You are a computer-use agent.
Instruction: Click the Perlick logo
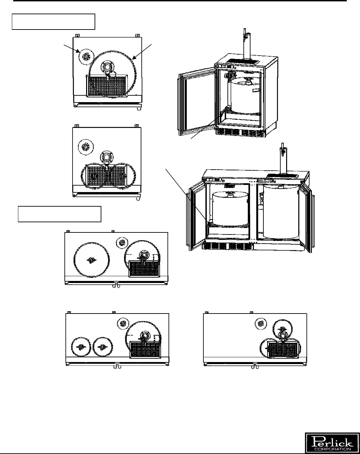332,442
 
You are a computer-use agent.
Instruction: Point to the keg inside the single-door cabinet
246,96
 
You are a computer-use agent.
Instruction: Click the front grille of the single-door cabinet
240,132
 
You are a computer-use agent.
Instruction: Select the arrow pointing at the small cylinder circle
72,48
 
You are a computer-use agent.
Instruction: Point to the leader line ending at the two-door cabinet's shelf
186,195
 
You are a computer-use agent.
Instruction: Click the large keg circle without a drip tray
92,260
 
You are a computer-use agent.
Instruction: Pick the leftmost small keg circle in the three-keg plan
81,347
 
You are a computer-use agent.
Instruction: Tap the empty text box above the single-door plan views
54,22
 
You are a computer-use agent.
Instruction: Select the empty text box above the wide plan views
60,214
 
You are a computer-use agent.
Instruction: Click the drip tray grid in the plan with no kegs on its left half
283,350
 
